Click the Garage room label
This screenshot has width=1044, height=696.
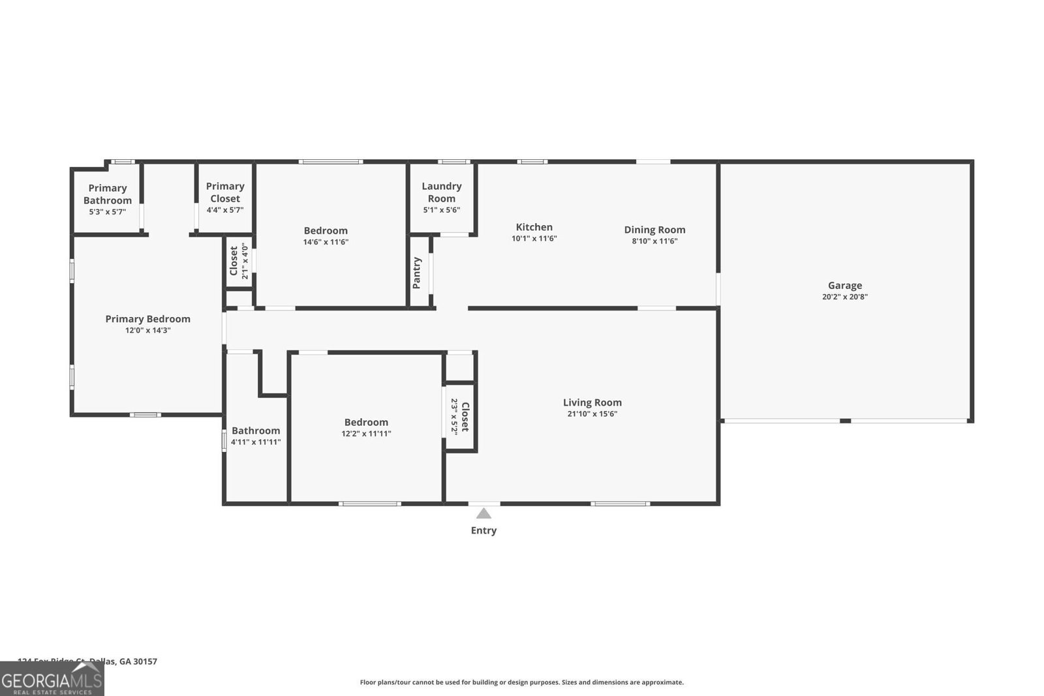pyautogui.click(x=844, y=285)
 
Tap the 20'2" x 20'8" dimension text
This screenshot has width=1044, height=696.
pyautogui.click(x=844, y=297)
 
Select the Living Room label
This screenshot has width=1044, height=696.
pyautogui.click(x=592, y=402)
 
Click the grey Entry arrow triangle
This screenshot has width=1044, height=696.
pyautogui.click(x=484, y=513)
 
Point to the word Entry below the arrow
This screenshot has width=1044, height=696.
pyautogui.click(x=484, y=530)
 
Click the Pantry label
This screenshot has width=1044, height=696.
pyautogui.click(x=417, y=273)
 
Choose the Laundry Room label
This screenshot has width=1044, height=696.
pyautogui.click(x=441, y=192)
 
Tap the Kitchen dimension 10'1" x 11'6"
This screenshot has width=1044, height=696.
pyautogui.click(x=534, y=239)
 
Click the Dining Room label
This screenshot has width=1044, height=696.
pyautogui.click(x=654, y=230)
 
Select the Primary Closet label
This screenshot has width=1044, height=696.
pyautogui.click(x=225, y=192)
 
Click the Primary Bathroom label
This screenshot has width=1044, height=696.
pyautogui.click(x=108, y=194)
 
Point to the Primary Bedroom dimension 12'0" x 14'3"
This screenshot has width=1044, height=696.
pyautogui.click(x=148, y=331)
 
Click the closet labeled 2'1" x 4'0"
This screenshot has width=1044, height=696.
pyautogui.click(x=239, y=261)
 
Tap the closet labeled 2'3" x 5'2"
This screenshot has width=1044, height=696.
pyautogui.click(x=460, y=417)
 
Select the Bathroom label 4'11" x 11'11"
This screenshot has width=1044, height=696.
pyautogui.click(x=256, y=436)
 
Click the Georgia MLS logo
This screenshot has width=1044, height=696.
pyautogui.click(x=52, y=678)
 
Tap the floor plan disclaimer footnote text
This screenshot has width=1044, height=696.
pyautogui.click(x=521, y=682)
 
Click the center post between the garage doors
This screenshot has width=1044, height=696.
pyautogui.click(x=845, y=421)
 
